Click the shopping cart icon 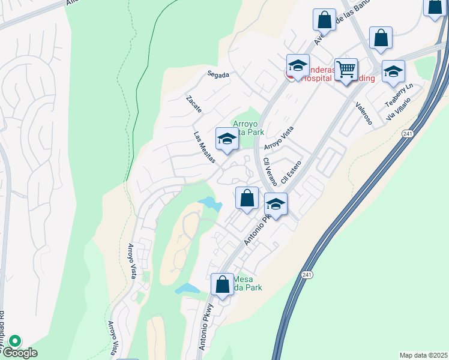tap(346, 70)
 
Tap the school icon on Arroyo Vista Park tap(227, 139)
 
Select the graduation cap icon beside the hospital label tap(297, 66)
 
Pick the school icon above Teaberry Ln tap(393, 71)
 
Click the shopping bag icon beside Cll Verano tap(247, 197)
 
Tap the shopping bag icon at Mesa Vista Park tap(222, 284)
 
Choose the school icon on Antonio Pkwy tap(276, 204)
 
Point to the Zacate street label tap(194, 104)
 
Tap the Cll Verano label tap(270, 172)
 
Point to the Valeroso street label tap(364, 113)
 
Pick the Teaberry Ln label tap(399, 97)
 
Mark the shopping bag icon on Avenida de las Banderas tap(324, 20)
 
